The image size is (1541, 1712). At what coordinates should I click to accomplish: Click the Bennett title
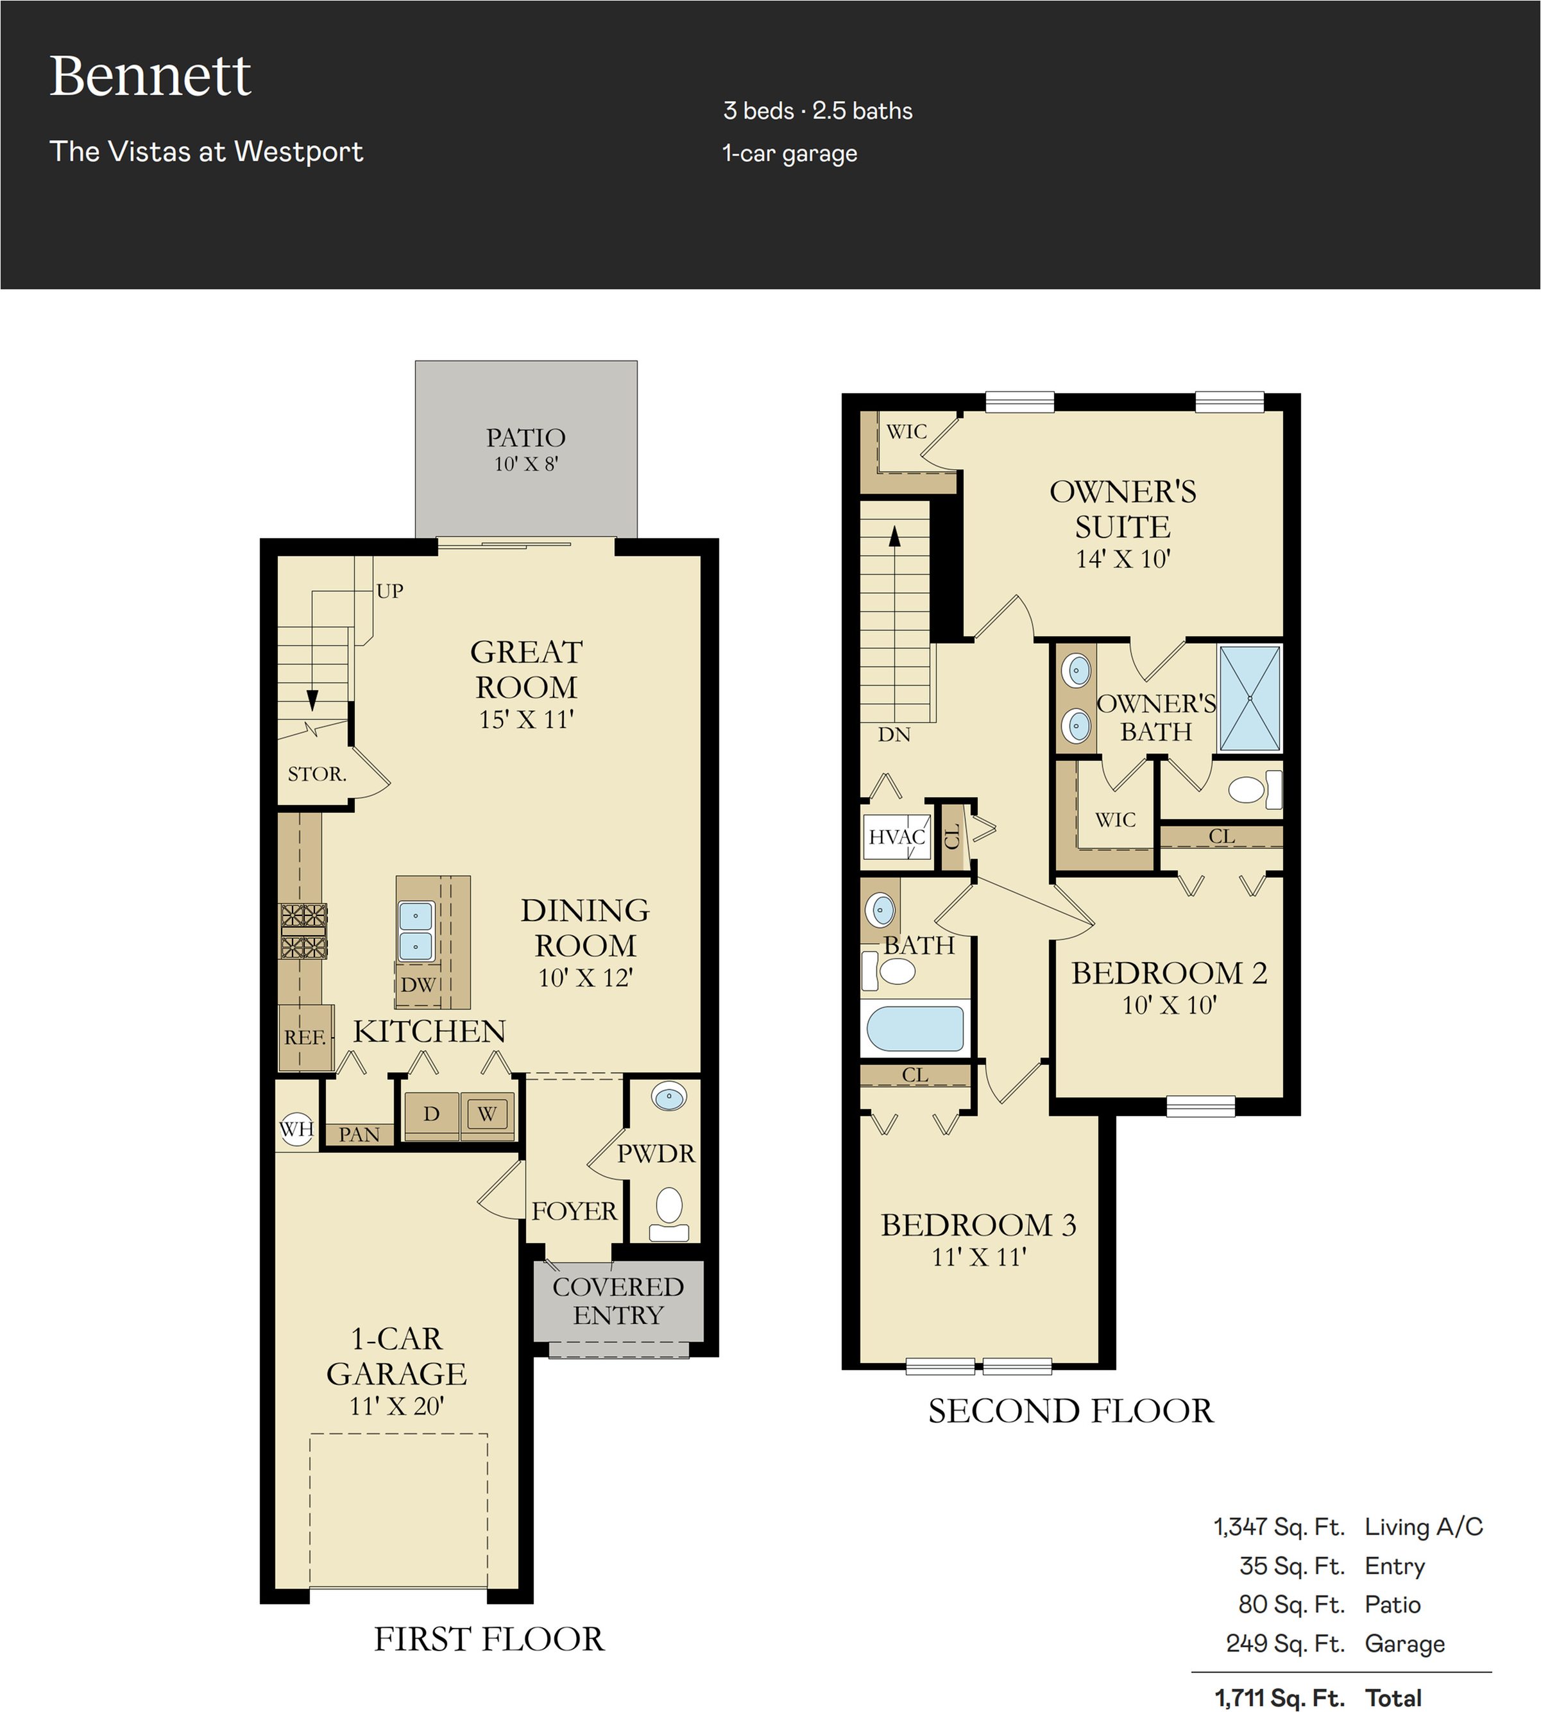pos(151,76)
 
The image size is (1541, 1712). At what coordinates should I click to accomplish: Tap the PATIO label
pos(526,437)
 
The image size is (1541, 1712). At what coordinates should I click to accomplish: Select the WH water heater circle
pos(296,1129)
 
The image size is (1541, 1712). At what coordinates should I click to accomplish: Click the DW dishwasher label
pos(418,985)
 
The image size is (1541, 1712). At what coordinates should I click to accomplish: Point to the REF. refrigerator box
pos(305,1038)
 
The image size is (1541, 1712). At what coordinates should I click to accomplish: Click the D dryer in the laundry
pos(431,1115)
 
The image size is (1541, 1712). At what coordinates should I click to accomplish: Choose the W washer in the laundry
pos(487,1115)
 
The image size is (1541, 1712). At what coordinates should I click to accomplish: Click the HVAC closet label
pos(897,837)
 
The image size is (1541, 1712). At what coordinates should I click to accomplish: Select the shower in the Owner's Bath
pos(1250,699)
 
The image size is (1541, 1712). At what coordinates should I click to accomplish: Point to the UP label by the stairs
pos(389,591)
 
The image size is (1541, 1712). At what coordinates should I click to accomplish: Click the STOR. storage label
pos(317,774)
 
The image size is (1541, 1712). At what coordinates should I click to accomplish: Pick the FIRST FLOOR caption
pos(490,1639)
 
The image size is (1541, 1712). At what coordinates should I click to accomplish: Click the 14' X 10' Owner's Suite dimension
pos(1123,559)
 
